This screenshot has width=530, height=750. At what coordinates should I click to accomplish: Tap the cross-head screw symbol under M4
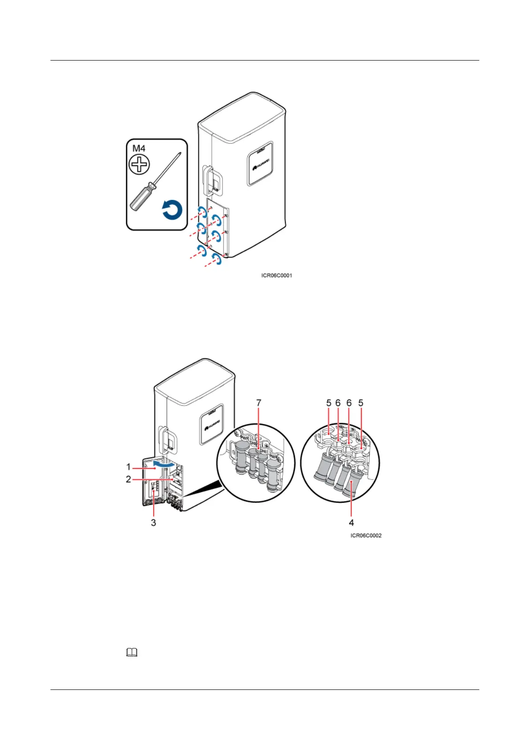tap(139, 165)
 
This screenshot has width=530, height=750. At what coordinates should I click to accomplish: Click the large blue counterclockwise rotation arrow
tap(172, 210)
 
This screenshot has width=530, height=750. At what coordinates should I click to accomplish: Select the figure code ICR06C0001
tap(276, 276)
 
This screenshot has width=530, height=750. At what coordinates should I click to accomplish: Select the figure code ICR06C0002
tap(366, 535)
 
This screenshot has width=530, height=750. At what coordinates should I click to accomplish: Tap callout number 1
tap(129, 467)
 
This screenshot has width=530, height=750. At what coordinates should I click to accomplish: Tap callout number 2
tap(129, 479)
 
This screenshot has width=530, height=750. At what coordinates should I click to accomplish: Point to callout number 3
tap(154, 522)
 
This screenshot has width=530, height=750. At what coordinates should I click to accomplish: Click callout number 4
tap(352, 522)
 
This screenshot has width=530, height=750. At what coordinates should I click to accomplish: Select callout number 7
tap(259, 403)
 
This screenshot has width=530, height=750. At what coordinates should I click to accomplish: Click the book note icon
tap(132, 653)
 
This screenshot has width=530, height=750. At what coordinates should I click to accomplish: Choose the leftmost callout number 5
tap(329, 403)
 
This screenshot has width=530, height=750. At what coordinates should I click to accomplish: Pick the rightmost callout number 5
tap(361, 403)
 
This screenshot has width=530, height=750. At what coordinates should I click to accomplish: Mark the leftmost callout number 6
tap(338, 403)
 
